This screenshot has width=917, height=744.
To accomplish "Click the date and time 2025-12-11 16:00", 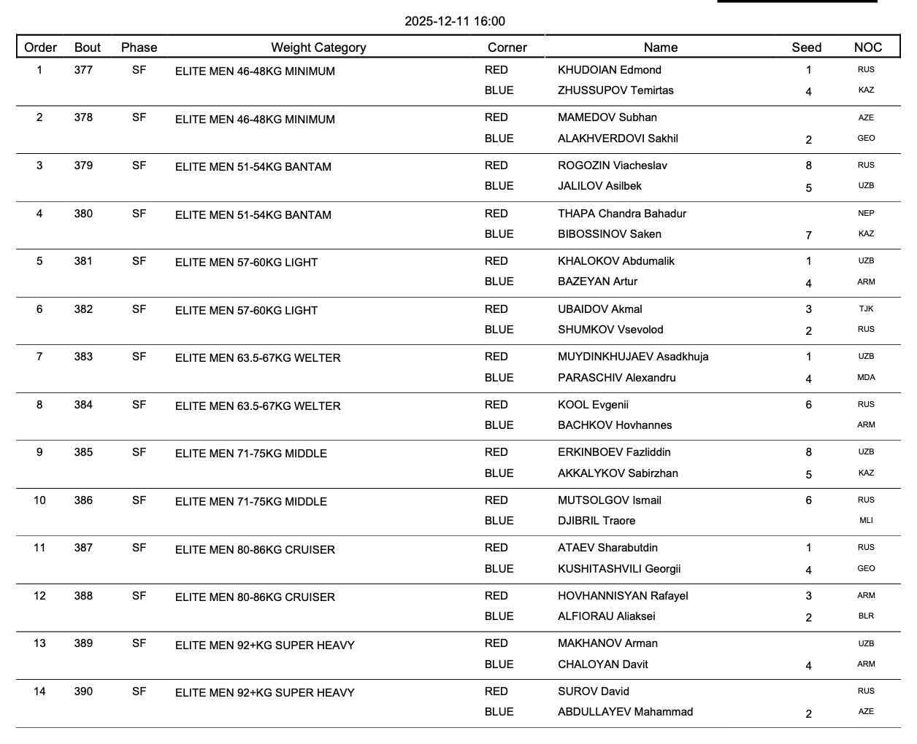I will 455,21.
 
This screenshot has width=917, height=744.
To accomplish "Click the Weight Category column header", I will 318,47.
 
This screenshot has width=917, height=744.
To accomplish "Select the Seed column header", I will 806,47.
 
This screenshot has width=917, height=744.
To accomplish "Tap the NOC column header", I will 867,47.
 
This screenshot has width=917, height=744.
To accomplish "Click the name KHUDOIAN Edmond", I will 609,70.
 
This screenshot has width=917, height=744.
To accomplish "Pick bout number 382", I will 83,309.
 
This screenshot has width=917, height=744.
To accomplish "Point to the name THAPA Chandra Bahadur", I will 621,214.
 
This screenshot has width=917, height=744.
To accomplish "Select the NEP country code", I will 866,214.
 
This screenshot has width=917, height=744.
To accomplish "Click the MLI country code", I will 866,521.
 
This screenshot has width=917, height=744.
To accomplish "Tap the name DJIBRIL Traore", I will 596,521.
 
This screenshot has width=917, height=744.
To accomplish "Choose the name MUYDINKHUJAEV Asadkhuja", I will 632,357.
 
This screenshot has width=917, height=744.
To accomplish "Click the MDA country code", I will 866,378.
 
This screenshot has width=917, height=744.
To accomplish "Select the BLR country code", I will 866,616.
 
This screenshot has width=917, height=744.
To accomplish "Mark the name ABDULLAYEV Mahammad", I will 625,712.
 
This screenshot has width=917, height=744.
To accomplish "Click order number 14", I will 39,691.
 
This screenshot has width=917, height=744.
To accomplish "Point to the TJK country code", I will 866,309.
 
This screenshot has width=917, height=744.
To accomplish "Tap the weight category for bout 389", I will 264,646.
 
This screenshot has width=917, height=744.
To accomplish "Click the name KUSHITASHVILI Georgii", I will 619,569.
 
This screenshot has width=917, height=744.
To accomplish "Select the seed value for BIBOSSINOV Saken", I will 808,236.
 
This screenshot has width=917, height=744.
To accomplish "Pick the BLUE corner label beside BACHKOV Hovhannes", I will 499,425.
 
